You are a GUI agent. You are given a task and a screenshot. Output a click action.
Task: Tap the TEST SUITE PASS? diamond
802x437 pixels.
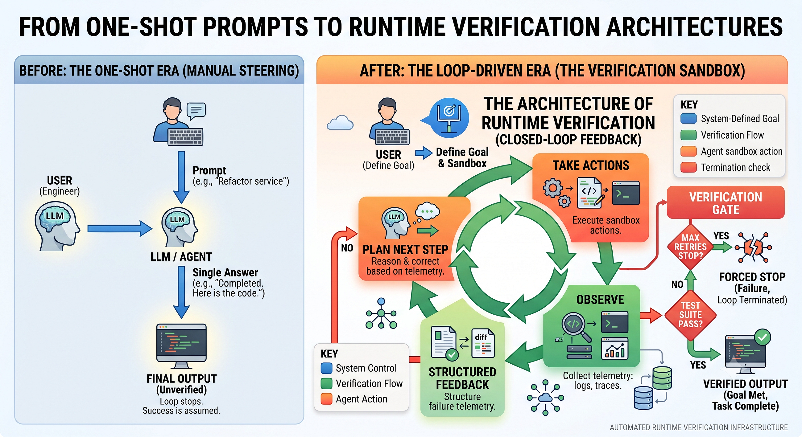point(691,315)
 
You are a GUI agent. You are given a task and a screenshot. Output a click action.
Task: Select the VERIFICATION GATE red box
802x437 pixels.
point(726,202)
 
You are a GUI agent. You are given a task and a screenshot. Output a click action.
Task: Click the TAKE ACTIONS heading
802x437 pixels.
point(591,165)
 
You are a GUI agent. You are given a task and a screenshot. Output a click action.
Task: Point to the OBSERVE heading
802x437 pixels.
point(600,300)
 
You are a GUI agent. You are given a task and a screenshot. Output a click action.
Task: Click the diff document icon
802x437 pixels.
point(483,343)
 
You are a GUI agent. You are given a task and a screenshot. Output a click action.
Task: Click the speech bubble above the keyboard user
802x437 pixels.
point(196,111)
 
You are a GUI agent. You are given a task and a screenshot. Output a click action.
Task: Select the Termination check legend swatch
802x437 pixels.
point(688,167)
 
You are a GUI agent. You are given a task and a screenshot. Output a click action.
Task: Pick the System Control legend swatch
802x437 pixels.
point(326,368)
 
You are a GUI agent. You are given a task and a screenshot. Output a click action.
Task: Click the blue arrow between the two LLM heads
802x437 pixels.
point(120,229)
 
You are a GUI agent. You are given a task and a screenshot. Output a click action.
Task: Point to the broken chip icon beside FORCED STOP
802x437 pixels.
point(753,247)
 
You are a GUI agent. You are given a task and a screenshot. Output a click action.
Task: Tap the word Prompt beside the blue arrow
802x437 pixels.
point(209,170)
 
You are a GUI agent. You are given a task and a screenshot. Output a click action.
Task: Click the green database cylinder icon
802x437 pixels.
point(662,378)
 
